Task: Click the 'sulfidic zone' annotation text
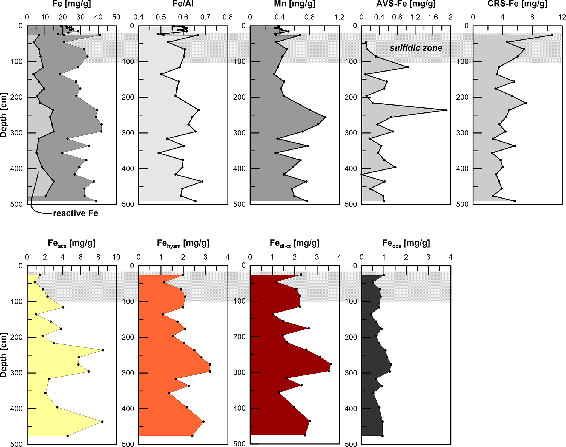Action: click(416, 48)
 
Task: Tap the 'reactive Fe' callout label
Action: click(75, 213)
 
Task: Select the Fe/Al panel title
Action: click(183, 4)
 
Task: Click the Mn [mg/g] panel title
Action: click(294, 4)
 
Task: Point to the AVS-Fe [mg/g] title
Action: click(406, 4)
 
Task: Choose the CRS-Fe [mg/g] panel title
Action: click(517, 4)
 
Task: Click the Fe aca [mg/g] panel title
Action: click(71, 243)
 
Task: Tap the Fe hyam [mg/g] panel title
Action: click(183, 243)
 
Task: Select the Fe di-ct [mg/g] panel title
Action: click(294, 243)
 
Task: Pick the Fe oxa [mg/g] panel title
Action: click(406, 243)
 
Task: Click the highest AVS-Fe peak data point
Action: click(446, 110)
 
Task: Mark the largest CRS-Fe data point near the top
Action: click(551, 35)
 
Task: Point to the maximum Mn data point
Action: click(325, 117)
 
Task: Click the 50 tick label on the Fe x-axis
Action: click(116, 17)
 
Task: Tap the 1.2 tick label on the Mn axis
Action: click(339, 17)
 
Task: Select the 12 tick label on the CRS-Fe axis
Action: click(562, 17)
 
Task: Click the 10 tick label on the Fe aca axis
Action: click(116, 257)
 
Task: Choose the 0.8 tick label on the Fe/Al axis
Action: click(228, 17)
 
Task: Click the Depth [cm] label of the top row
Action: click(4, 115)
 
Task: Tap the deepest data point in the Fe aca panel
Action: click(68, 436)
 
